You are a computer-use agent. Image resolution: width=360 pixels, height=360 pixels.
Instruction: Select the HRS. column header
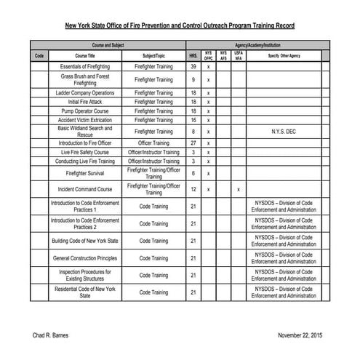[x=193, y=55]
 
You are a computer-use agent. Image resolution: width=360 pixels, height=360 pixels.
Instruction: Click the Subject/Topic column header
[x=153, y=55]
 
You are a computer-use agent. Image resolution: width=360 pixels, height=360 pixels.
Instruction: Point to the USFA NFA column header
[x=239, y=55]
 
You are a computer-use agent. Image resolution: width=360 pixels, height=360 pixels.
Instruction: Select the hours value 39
[x=193, y=67]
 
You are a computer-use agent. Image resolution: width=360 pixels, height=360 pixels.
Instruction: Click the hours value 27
[x=193, y=143]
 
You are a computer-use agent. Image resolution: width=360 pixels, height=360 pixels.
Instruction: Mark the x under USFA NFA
[x=239, y=190]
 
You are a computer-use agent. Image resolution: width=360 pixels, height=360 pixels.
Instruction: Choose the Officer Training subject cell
[x=153, y=143]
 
